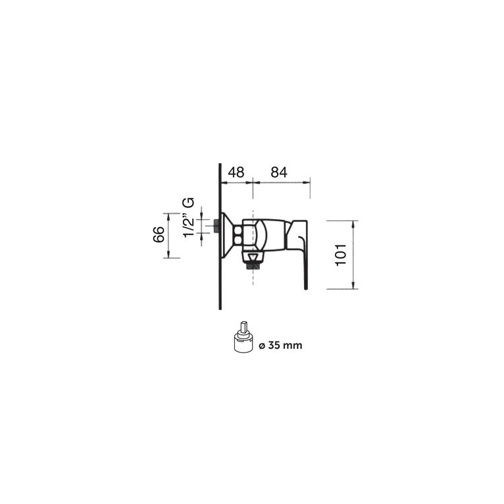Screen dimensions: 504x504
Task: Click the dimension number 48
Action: [x=236, y=172]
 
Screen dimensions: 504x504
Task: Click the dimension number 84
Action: [x=279, y=172]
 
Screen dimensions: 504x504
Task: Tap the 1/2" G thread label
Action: [x=189, y=218]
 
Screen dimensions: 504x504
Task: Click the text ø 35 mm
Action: [x=280, y=345]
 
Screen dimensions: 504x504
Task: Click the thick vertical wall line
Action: [x=219, y=276]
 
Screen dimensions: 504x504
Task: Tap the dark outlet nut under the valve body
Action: [x=253, y=266]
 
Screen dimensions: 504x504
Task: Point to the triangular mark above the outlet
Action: [x=253, y=256]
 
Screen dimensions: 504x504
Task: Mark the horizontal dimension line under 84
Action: [x=282, y=182]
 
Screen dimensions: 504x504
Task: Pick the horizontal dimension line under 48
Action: [x=237, y=182]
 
